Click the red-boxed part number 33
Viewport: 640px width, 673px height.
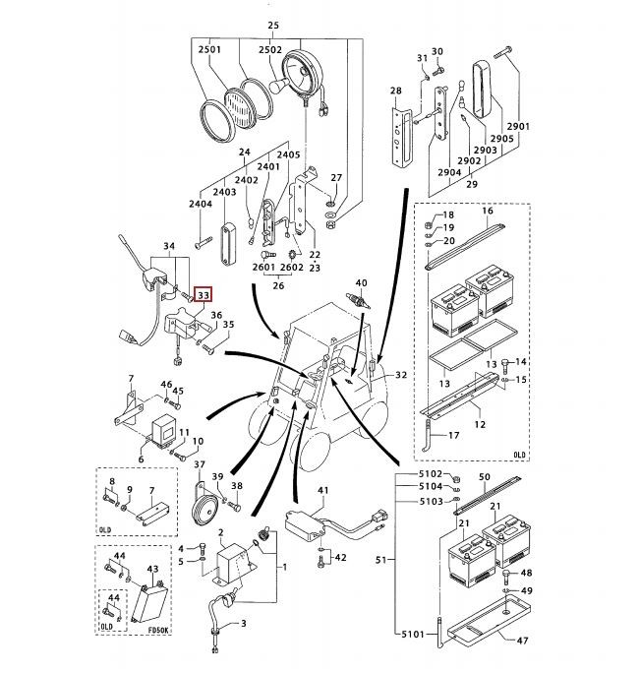tap(204, 293)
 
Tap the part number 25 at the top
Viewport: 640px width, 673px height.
tap(273, 25)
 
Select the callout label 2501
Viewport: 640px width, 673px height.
tap(209, 49)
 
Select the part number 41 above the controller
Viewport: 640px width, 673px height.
tap(323, 490)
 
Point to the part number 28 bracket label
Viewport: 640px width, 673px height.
tap(396, 92)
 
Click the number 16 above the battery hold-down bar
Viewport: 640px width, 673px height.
tap(487, 212)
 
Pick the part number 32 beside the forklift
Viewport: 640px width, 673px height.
tap(401, 376)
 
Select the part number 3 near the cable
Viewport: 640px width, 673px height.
tap(244, 624)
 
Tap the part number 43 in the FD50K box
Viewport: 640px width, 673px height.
tap(151, 570)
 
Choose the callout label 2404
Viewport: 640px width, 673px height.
tap(201, 203)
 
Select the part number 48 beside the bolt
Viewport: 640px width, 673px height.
tap(526, 574)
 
